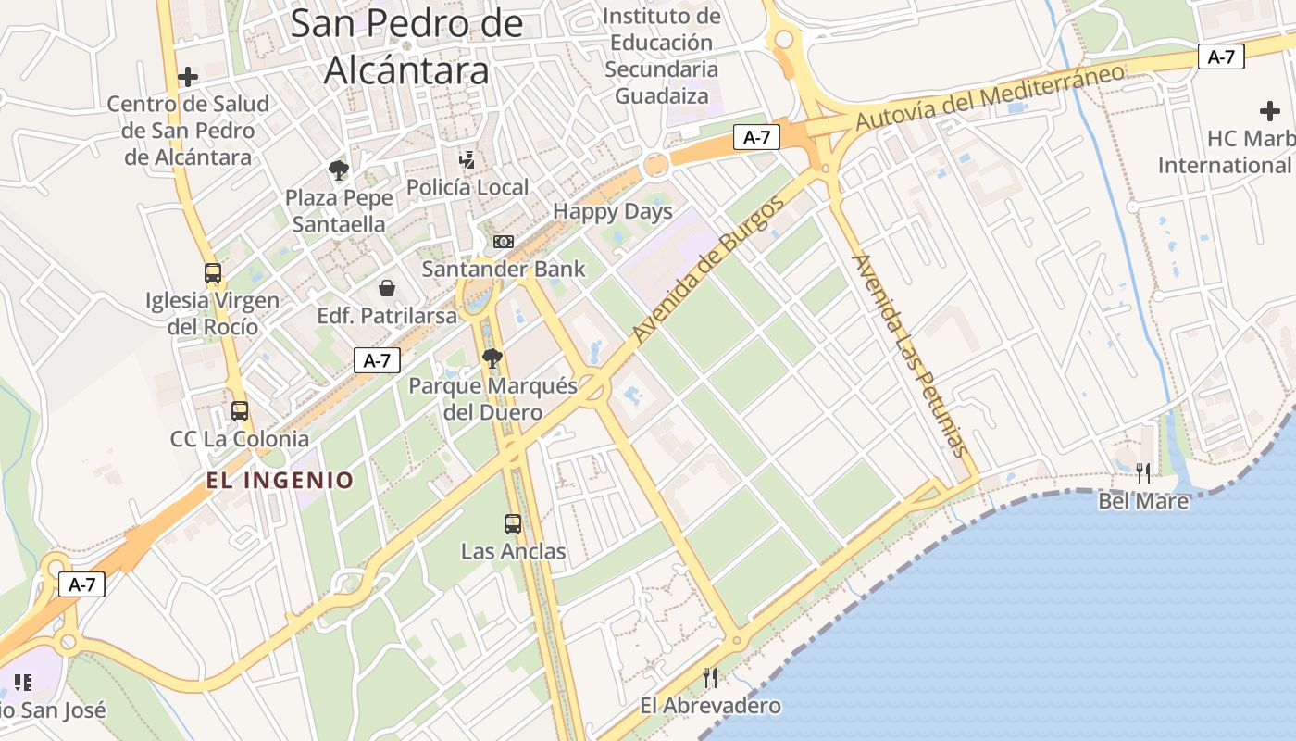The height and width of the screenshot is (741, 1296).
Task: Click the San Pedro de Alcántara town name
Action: click(406, 46)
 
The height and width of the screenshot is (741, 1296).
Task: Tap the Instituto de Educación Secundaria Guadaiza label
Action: click(662, 56)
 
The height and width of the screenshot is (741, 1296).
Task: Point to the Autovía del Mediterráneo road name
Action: click(990, 96)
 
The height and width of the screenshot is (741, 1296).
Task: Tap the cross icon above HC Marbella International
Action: click(1270, 111)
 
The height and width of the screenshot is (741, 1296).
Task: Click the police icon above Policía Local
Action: click(467, 159)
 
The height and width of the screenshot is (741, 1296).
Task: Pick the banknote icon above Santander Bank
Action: click(503, 241)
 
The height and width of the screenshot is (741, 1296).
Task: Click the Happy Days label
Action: click(613, 211)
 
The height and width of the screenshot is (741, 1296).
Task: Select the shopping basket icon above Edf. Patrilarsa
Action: click(387, 288)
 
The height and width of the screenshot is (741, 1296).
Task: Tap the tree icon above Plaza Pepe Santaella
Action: click(338, 170)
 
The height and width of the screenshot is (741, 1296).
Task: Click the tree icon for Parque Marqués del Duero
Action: click(492, 358)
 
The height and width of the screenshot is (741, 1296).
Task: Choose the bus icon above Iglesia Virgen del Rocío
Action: click(213, 273)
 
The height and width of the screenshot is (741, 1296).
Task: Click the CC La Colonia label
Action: click(240, 438)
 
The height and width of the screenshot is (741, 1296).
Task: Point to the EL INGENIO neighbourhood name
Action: click(280, 480)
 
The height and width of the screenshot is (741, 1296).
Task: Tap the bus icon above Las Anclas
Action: click(513, 523)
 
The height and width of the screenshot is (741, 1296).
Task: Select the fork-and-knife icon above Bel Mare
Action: click(1143, 473)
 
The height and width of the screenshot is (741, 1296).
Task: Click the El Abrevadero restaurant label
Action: click(711, 706)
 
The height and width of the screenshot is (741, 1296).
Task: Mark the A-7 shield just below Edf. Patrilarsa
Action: click(377, 360)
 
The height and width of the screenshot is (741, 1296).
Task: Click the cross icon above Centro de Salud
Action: click(188, 76)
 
